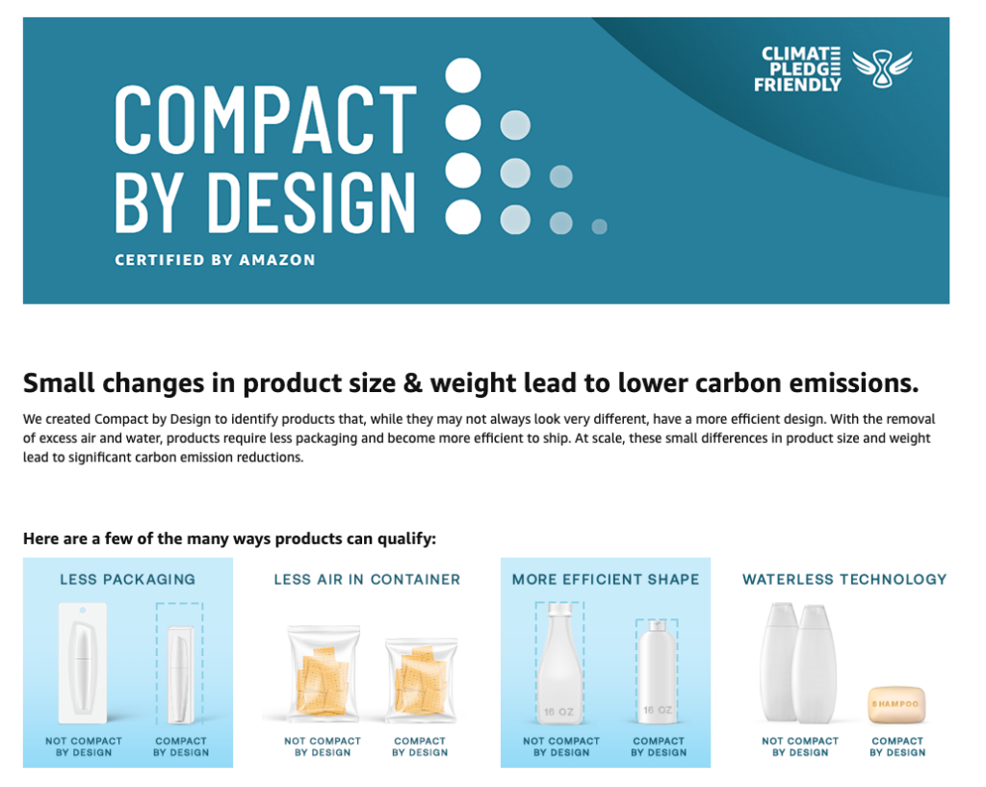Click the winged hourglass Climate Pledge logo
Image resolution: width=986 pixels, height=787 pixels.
882,68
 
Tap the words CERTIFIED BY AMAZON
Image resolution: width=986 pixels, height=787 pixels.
215,260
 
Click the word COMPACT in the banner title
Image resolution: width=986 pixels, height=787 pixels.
266,119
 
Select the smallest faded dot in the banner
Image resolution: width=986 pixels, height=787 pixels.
599,226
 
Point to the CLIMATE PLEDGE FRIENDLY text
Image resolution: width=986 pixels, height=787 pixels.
797,69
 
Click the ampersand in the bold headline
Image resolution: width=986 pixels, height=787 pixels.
412,383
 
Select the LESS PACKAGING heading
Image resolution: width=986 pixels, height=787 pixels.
128,579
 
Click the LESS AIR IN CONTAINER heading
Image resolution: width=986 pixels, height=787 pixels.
367,579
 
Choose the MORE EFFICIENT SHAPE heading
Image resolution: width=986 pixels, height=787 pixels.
606,579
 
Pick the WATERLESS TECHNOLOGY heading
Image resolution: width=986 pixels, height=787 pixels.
844,579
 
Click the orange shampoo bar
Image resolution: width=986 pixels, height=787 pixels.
896,705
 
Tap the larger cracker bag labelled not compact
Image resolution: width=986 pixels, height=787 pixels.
324,672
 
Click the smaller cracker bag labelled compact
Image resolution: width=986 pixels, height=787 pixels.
421,679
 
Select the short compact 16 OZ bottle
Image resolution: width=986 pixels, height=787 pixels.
657,671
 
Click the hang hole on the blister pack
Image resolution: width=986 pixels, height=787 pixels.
83,610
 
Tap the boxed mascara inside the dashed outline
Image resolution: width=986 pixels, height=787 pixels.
180,674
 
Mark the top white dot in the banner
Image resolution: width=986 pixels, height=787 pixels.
463,75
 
